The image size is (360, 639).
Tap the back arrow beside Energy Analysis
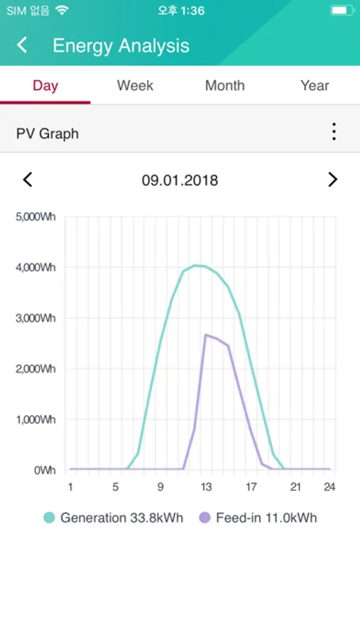23,45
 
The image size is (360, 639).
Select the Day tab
45,86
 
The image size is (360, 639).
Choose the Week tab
135,86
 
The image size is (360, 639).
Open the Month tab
224,86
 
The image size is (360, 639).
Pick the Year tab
315,86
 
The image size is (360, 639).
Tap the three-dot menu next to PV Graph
333,132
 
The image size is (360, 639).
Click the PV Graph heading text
48,133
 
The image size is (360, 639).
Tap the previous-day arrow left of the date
28,180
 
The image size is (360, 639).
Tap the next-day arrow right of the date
332,180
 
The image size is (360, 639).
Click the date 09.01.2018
180,180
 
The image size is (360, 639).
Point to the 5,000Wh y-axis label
36,217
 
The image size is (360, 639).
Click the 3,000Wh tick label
36,318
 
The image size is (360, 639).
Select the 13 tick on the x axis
206,487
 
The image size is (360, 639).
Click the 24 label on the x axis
329,487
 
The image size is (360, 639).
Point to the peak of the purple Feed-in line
206,334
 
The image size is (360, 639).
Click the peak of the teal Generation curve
197,266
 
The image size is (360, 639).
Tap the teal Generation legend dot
49,518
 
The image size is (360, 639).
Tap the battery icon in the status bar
342,11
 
